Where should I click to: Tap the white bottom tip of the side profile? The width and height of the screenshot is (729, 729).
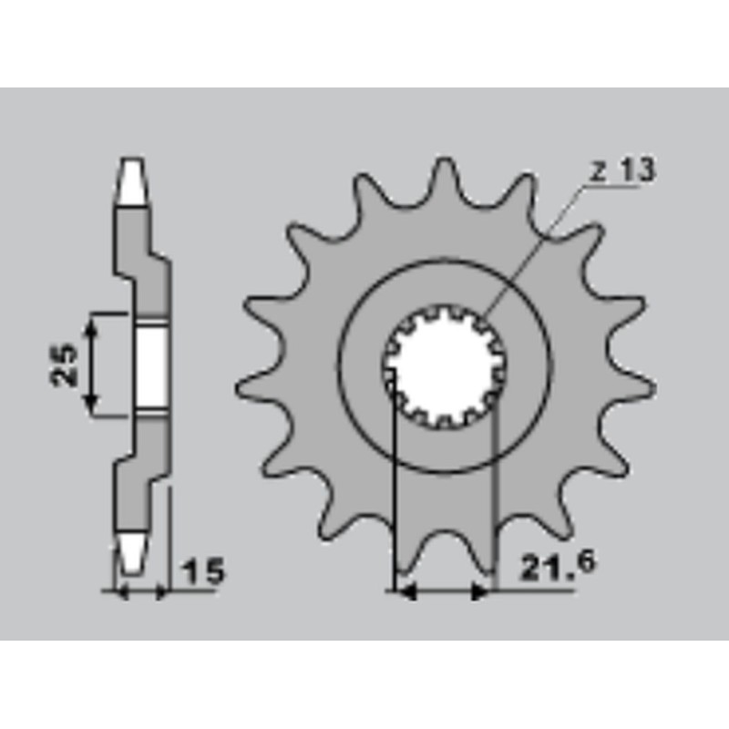(131, 548)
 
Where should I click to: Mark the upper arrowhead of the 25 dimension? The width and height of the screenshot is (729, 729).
(90, 322)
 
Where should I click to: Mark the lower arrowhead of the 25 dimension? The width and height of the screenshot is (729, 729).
(90, 406)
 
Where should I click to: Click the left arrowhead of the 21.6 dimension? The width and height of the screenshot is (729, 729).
(406, 592)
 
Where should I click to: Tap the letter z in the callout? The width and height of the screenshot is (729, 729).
(598, 170)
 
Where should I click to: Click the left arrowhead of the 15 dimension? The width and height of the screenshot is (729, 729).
(116, 592)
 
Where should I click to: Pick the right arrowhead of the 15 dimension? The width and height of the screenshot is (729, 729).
(162, 592)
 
